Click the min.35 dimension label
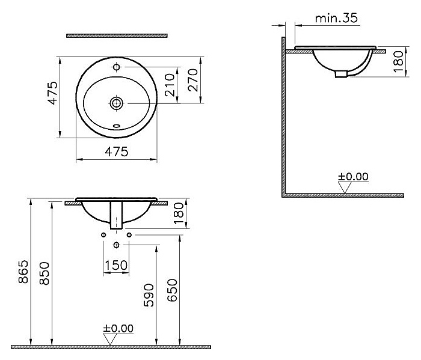pos(336,18)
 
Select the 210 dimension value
pos(170,85)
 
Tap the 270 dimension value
pos(193,80)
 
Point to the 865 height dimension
pos(23,272)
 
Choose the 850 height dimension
pos(45,273)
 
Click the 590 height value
pos(149,295)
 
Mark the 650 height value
pos(173,290)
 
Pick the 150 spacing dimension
pos(116,265)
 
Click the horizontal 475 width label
pos(117,151)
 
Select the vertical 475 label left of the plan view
pos(53,93)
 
